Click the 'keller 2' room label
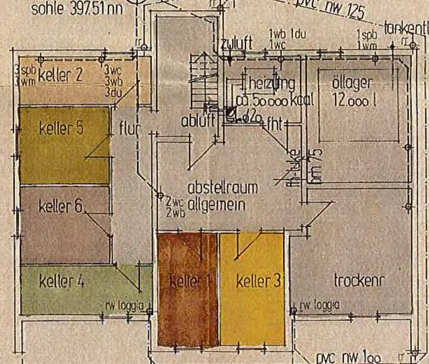pos(60,76)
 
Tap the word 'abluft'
pos(198,121)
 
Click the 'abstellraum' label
pos(223,188)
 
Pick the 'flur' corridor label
pos(127,128)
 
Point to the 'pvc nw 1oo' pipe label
pos(347,357)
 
